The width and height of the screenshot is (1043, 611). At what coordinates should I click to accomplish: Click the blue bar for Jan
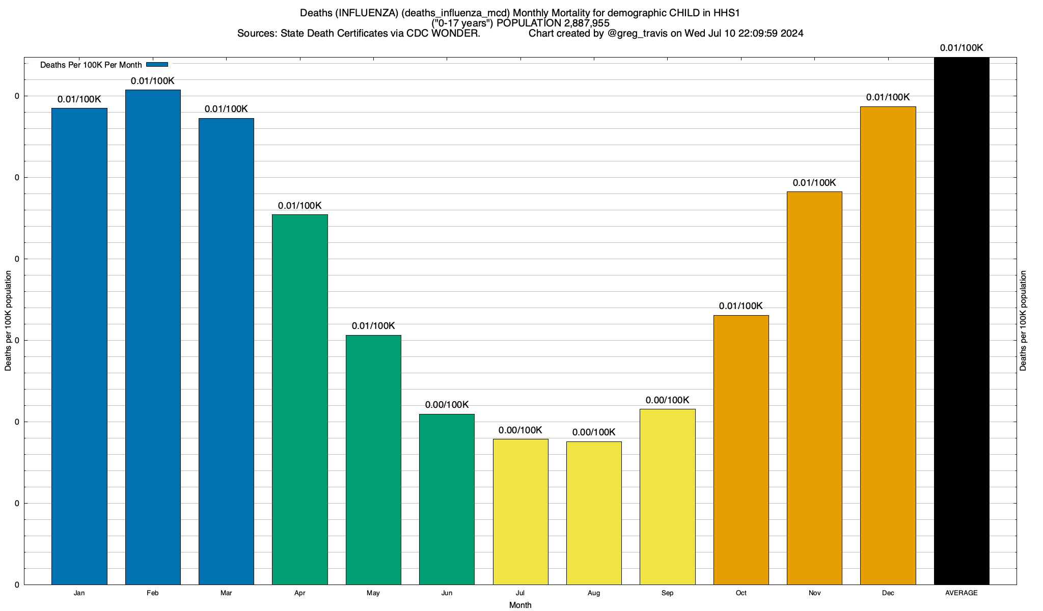click(79, 346)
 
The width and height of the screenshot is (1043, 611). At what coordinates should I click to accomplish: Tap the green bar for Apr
click(300, 399)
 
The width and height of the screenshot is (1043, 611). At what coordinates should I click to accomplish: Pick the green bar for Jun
click(447, 499)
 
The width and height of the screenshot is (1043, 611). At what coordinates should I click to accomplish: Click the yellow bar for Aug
click(594, 513)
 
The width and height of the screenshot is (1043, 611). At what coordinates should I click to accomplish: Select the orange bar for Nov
click(814, 388)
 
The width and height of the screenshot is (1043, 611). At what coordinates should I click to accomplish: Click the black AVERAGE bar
click(962, 321)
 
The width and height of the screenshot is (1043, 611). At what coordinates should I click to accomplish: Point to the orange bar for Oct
click(741, 450)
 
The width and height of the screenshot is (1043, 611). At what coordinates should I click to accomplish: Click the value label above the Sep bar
click(667, 400)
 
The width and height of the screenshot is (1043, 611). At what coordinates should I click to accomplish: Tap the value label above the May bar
click(373, 326)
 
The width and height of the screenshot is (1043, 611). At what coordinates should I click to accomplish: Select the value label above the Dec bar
click(888, 97)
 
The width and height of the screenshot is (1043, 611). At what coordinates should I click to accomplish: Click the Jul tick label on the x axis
click(520, 593)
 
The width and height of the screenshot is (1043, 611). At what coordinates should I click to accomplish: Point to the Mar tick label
click(226, 593)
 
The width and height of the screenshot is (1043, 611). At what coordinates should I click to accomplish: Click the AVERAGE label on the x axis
click(961, 593)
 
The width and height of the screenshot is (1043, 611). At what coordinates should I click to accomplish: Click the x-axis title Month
click(520, 605)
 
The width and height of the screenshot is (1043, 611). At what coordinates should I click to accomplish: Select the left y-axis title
click(8, 321)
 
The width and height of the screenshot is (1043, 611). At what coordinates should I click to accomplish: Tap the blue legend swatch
click(157, 65)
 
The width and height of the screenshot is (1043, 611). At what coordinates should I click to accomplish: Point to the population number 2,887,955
click(587, 23)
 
